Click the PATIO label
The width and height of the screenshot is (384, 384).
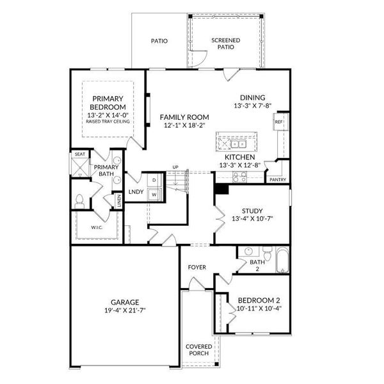tap(159, 41)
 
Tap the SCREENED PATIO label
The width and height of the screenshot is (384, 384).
tap(226, 44)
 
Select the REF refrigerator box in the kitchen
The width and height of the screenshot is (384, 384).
tap(278, 122)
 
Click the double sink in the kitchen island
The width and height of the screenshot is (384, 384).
tap(238, 144)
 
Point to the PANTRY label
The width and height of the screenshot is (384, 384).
tap(278, 180)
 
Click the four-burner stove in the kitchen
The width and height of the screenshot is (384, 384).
tap(239, 177)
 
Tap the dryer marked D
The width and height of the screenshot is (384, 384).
tap(154, 180)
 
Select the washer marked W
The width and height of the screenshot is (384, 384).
tap(154, 195)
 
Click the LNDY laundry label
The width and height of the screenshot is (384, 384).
tap(136, 192)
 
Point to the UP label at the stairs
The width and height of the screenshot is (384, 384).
tap(175, 167)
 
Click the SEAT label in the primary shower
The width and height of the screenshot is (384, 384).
tap(80, 154)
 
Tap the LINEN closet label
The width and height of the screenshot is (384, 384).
tap(119, 200)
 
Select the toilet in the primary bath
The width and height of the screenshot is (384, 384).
tap(79, 202)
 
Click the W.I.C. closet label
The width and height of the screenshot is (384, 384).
tap(97, 227)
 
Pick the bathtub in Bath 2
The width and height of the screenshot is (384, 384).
tap(283, 260)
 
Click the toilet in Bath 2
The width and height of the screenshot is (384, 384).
tap(268, 253)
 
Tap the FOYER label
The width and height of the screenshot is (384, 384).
tap(197, 267)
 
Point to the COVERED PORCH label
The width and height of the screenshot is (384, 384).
tap(199, 350)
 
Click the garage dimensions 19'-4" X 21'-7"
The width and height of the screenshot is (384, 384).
tap(125, 310)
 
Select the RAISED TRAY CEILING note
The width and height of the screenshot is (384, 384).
tap(108, 122)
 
